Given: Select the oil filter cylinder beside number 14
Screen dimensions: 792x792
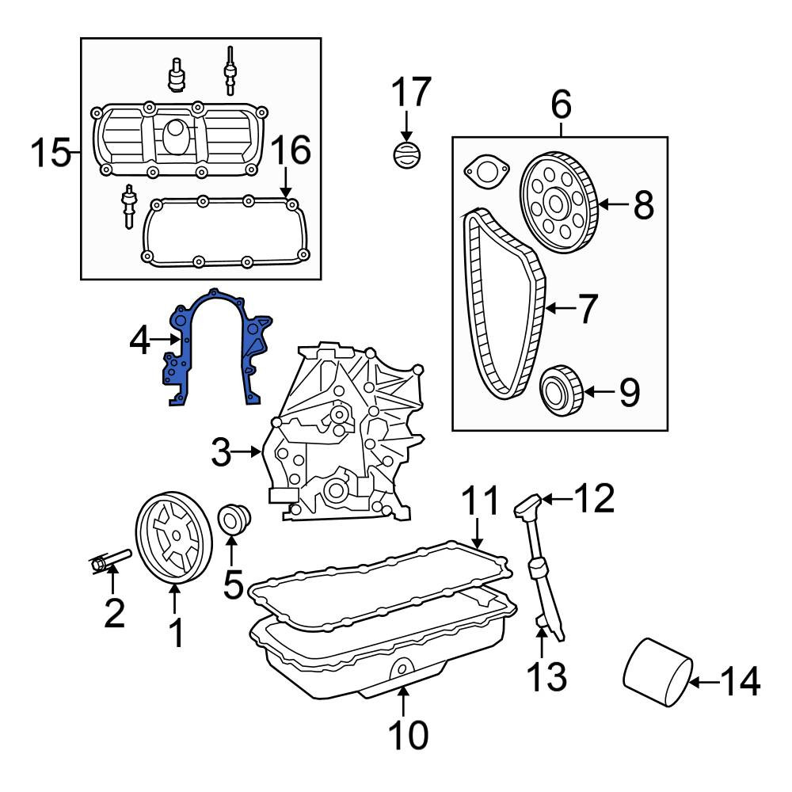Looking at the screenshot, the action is (657, 672).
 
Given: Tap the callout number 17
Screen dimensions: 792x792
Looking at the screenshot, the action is (411, 92).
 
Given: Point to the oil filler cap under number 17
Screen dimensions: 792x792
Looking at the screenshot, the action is (407, 155).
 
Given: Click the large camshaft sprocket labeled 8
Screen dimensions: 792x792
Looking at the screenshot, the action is (559, 203).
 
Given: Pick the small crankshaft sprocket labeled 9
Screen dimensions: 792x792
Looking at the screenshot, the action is (562, 390).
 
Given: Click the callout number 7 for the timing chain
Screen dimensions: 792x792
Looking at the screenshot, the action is (587, 309).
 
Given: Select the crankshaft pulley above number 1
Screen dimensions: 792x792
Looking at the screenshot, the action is (173, 538).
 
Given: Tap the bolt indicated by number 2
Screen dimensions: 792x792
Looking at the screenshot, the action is (110, 561).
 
